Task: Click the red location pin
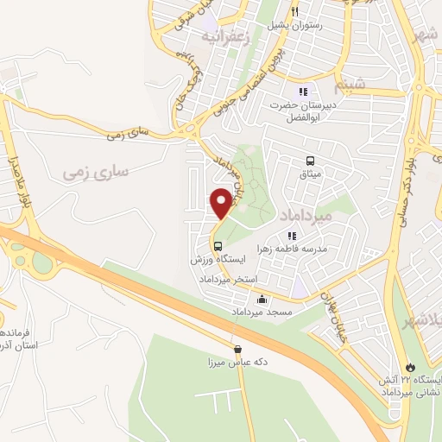[x=221, y=204]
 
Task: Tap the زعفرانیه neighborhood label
[x=230, y=37]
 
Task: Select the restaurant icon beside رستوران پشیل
[x=295, y=12]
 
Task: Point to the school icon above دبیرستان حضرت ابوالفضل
[x=303, y=92]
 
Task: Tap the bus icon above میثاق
[x=310, y=161]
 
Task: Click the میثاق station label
[x=310, y=174]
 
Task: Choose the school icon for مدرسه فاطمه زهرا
[x=291, y=235]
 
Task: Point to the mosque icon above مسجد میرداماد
[x=262, y=300]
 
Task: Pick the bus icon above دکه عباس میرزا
[x=237, y=350]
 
